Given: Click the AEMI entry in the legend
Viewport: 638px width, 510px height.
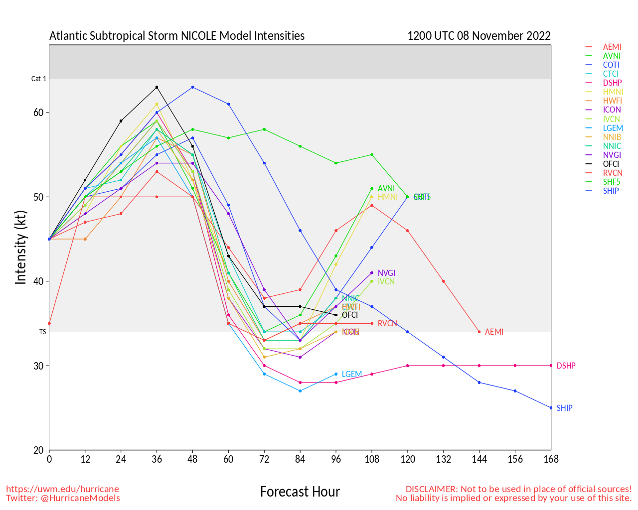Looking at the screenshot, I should [612, 47].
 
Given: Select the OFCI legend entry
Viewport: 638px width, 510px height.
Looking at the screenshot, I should [611, 164].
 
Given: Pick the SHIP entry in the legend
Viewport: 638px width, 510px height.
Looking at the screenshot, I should [611, 191].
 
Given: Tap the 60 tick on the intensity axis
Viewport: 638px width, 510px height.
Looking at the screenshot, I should [39, 113].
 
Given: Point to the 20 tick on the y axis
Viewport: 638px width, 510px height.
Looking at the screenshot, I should [39, 450].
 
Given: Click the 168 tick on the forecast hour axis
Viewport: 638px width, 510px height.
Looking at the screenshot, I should [551, 459].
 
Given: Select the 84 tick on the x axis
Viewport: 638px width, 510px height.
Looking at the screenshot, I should [300, 459].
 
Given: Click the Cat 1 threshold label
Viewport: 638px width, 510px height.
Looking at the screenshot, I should [39, 79].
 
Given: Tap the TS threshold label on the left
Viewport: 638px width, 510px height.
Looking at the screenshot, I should [42, 332].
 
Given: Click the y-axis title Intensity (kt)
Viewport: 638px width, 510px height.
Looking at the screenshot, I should [20, 248].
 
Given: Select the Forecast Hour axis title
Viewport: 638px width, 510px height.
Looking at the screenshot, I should [300, 492].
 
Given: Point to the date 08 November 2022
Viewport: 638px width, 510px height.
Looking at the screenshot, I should [504, 36].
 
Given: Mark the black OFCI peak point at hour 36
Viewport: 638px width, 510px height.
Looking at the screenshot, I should [157, 87].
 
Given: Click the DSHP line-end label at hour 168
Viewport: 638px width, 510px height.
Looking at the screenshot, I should [566, 366].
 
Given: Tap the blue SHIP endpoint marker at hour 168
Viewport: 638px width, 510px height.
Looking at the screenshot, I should [551, 407].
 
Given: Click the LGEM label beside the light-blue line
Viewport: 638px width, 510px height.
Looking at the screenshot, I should [352, 374].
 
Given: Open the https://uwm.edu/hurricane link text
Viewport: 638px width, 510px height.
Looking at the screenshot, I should [62, 489].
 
